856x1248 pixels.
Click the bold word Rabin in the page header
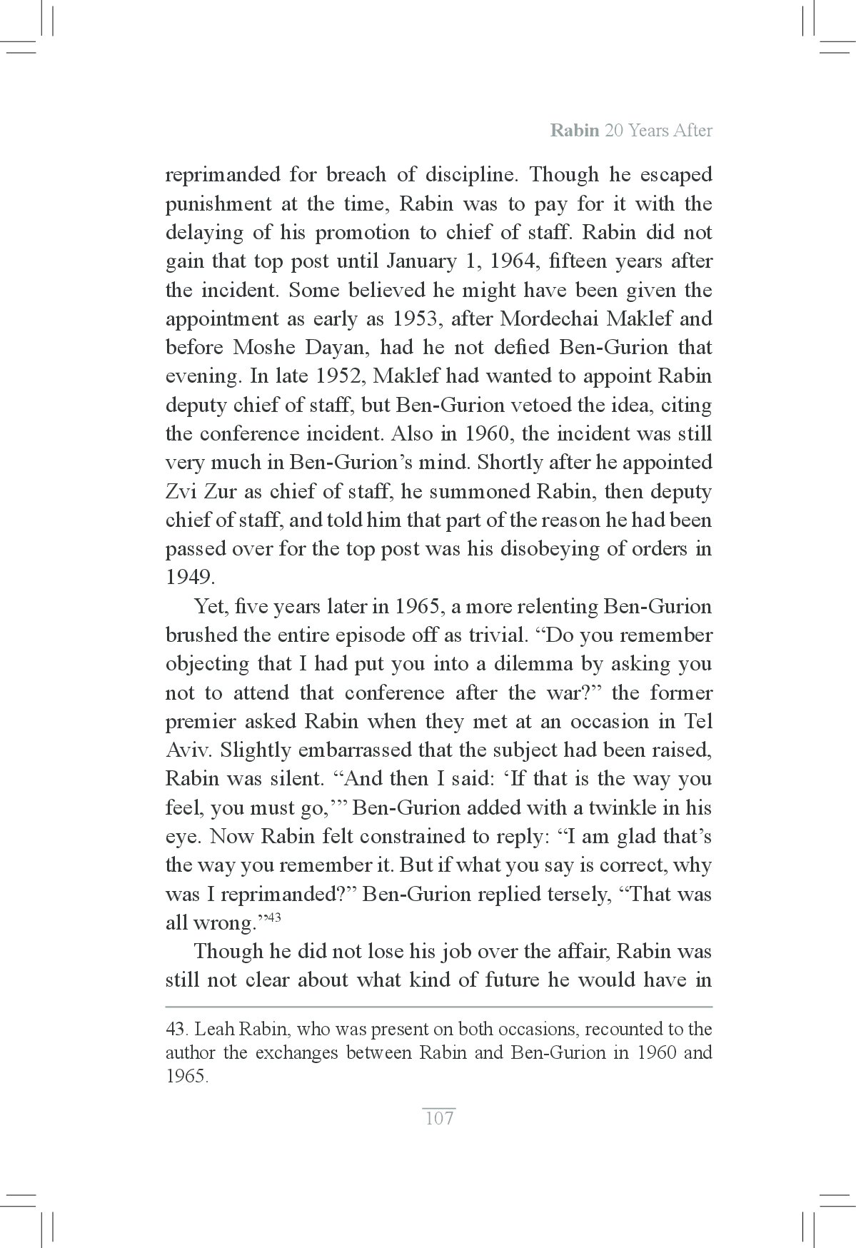[575, 131]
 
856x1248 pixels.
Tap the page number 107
[438, 1117]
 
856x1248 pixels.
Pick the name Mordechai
[545, 319]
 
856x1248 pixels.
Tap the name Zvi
[183, 492]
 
